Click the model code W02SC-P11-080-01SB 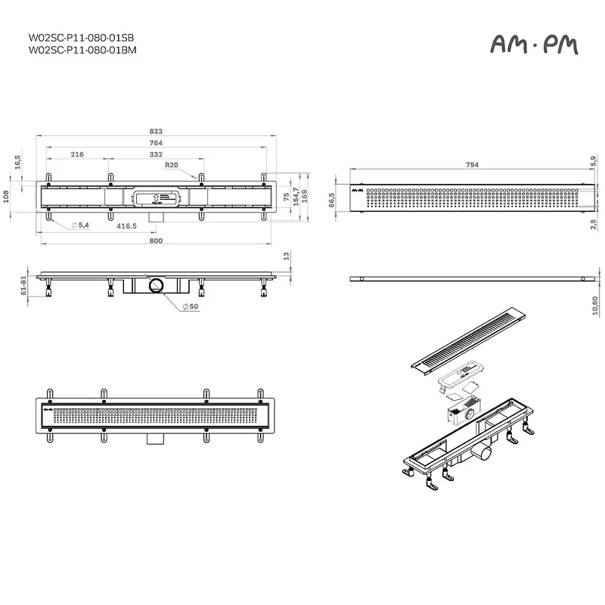(82, 37)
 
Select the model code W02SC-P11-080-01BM (82, 50)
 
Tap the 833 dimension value (156, 131)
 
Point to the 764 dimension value (156, 143)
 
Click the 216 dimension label (77, 154)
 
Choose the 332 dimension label (157, 154)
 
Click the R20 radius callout (171, 165)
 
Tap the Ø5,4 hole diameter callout (81, 226)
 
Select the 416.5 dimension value (126, 226)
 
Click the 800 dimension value (156, 240)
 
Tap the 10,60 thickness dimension (594, 304)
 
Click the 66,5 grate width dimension (331, 200)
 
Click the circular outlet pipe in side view (156, 284)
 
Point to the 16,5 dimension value (17, 162)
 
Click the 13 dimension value (287, 256)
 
